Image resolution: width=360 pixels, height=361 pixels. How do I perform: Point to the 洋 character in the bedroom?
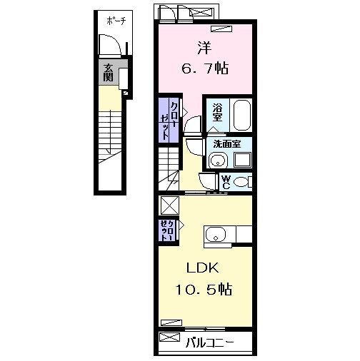point(204,49)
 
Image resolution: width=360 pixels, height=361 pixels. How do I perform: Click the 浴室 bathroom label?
point(218,112)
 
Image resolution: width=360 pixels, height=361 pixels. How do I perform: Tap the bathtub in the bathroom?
point(240,114)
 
